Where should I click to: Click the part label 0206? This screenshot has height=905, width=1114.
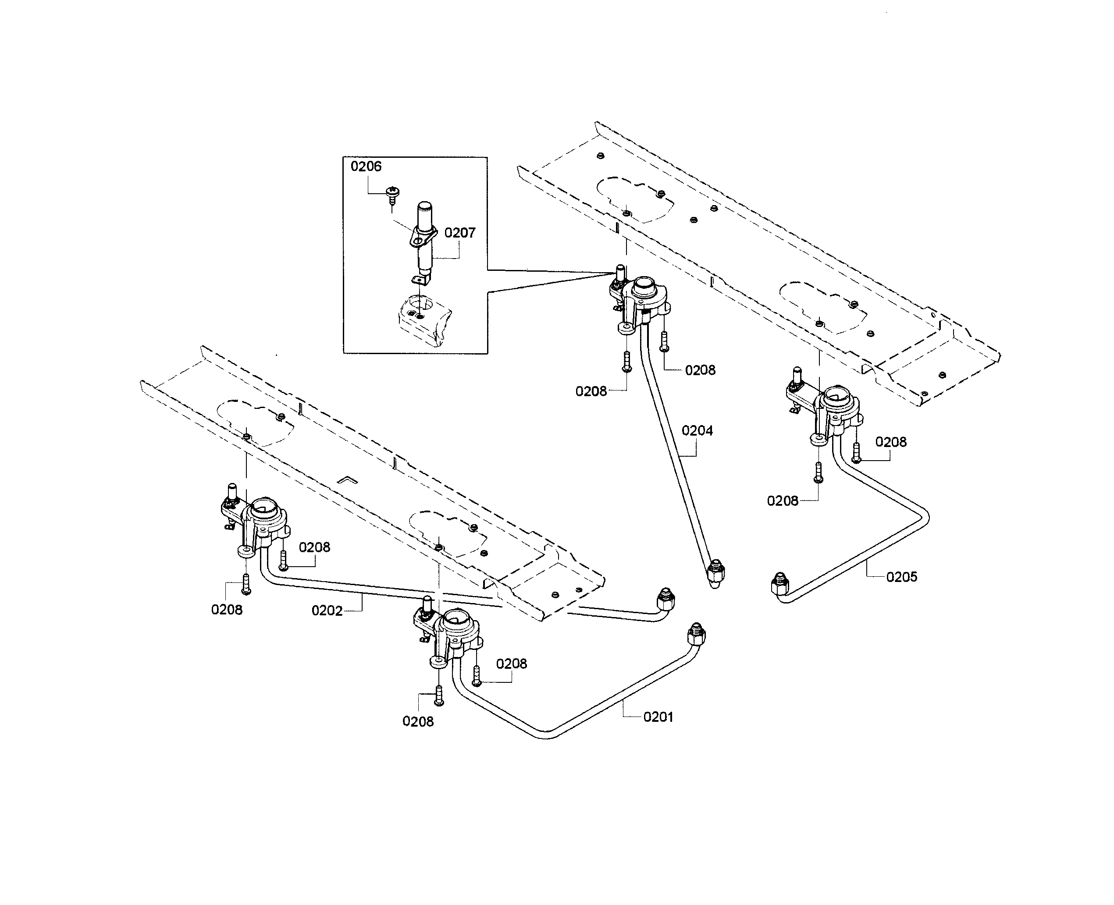(366, 166)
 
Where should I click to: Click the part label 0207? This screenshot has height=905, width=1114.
(459, 233)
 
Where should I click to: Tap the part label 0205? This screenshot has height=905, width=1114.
(901, 577)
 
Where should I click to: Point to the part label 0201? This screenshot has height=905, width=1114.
(658, 717)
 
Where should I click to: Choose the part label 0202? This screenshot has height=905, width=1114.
(327, 610)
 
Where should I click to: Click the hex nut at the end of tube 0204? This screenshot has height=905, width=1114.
(715, 573)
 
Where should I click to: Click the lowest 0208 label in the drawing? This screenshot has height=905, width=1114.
(418, 721)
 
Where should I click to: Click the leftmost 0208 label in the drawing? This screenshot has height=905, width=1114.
(226, 610)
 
